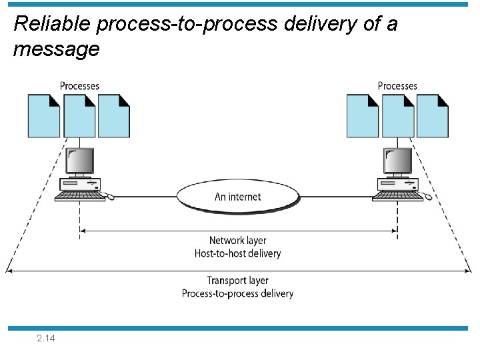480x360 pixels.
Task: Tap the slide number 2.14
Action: (x=47, y=339)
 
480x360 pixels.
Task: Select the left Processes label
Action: (x=79, y=86)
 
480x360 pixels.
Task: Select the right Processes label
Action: (x=397, y=86)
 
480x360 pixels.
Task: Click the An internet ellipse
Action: (x=238, y=197)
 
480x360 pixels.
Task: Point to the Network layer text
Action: (x=238, y=241)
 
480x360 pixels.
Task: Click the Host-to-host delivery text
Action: (x=238, y=253)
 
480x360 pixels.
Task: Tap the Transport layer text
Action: (x=238, y=281)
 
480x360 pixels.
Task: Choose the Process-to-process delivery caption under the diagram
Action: (x=238, y=293)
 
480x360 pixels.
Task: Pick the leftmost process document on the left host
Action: (x=44, y=115)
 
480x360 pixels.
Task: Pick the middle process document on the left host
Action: (x=79, y=115)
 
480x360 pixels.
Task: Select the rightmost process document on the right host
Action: (x=433, y=115)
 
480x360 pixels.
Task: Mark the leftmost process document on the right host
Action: (x=363, y=115)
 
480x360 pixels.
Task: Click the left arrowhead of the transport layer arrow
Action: (x=9, y=271)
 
